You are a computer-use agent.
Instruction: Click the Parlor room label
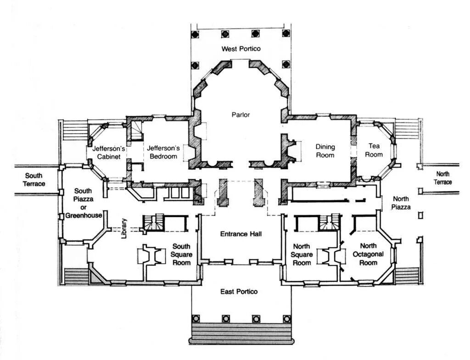tap(241, 115)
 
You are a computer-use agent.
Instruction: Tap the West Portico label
tap(241, 49)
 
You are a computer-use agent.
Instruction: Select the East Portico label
tap(239, 292)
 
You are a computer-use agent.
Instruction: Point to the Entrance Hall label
tap(241, 234)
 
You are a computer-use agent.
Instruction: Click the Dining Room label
tap(325, 151)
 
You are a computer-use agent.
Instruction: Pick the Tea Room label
tap(374, 150)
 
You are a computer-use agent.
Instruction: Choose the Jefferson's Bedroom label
tap(163, 152)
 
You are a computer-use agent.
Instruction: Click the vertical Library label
tap(123, 228)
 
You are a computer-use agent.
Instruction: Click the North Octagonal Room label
tap(369, 254)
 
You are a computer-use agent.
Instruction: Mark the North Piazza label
tap(401, 203)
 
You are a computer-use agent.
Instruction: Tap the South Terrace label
tap(34, 179)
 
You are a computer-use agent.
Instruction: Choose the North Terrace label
tap(443, 178)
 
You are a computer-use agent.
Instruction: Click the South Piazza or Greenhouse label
tap(83, 203)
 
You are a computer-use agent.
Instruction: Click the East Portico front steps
tap(241, 333)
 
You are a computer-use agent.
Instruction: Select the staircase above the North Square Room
tap(330, 222)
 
